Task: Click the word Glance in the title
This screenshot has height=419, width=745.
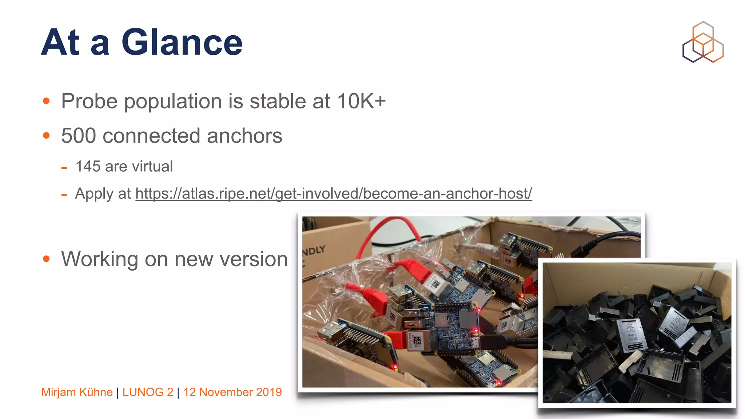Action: pos(182,43)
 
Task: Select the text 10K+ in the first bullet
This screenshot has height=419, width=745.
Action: pos(361,101)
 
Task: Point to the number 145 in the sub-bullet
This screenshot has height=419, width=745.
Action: pos(88,167)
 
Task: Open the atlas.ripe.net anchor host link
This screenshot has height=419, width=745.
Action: pos(333,193)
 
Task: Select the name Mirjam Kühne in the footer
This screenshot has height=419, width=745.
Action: pos(77,392)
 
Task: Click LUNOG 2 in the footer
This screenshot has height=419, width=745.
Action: pos(148,392)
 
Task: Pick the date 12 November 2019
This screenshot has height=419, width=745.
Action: pos(232,392)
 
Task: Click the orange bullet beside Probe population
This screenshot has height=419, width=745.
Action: pos(46,101)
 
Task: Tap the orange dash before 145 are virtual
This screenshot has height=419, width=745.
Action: pos(64,168)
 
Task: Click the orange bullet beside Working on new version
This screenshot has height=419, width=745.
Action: pos(46,259)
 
